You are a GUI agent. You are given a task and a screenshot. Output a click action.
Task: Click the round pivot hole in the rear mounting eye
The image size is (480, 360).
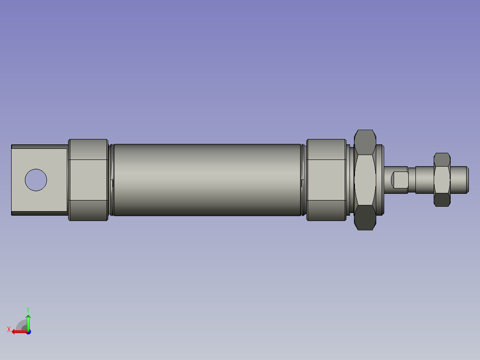click(36, 180)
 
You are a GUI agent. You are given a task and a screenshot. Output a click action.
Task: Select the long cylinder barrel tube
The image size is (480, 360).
click(207, 180)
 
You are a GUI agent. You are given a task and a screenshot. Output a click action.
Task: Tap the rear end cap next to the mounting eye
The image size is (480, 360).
click(88, 180)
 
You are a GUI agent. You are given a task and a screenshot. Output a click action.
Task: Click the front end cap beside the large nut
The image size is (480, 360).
click(326, 180)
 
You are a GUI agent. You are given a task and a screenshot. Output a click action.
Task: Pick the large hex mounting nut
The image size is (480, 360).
click(365, 180)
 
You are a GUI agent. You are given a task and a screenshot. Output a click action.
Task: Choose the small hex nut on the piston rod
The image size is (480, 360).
click(442, 180)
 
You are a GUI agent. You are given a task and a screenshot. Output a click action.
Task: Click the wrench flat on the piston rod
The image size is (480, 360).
click(400, 180)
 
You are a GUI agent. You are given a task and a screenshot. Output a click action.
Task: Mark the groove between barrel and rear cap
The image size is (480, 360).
click(111, 180)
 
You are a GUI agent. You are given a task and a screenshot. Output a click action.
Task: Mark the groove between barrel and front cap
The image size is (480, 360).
click(304, 180)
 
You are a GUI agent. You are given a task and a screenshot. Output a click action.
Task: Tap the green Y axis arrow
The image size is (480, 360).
click(28, 321)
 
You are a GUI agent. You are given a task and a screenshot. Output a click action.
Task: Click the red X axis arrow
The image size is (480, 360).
click(18, 331)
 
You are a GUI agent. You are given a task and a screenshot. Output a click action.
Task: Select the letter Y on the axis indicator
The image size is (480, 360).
click(28, 309)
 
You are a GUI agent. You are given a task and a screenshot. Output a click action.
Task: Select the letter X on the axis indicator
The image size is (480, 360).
click(9, 330)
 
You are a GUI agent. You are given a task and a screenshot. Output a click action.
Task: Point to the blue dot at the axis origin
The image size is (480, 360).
click(28, 331)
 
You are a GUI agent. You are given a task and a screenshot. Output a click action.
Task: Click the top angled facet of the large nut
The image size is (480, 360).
click(365, 142)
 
